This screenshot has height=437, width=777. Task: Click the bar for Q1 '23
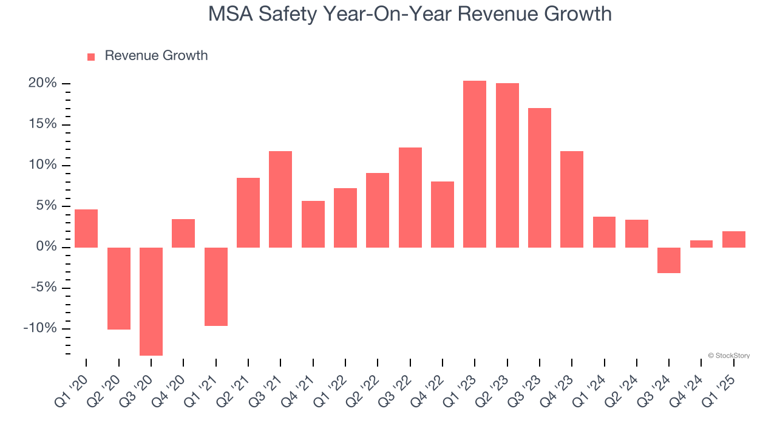[x=475, y=164]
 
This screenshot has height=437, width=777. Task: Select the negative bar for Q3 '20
[x=151, y=301]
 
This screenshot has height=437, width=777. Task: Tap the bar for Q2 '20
[x=119, y=288]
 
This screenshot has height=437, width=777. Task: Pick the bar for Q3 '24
[x=669, y=260]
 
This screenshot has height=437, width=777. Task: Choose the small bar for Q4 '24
[x=701, y=244]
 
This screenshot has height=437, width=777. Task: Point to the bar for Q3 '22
[x=410, y=197]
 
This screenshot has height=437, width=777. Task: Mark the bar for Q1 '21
[x=216, y=286]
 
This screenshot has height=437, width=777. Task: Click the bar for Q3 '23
[x=540, y=178]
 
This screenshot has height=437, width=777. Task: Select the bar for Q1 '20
[x=86, y=228]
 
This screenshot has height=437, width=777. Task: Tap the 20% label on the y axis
[x=42, y=83]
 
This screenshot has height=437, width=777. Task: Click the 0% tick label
[x=46, y=247]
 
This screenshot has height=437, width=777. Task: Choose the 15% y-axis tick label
[x=42, y=124]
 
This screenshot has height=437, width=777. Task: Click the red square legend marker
[x=91, y=57]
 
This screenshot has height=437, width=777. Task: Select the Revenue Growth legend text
[x=156, y=56]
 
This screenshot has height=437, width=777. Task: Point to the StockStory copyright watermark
[x=728, y=356]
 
